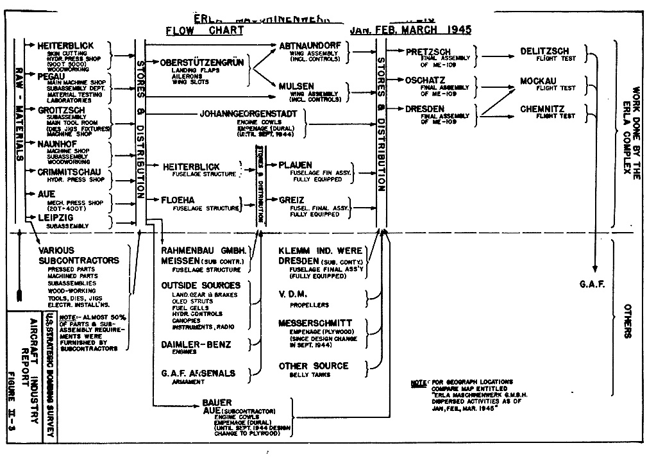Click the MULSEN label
click(x=296, y=85)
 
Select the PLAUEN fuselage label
click(x=295, y=165)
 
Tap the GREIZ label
click(x=291, y=199)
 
